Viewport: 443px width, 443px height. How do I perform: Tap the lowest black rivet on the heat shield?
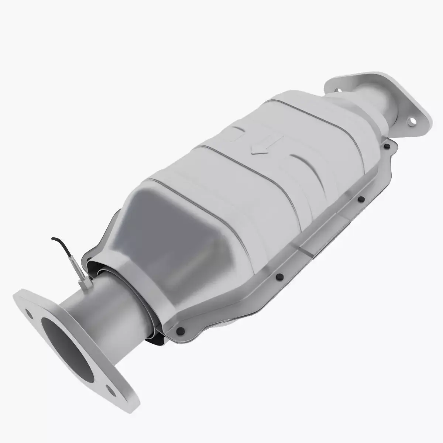point(180,330)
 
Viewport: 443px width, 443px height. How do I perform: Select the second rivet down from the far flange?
point(361,200)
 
